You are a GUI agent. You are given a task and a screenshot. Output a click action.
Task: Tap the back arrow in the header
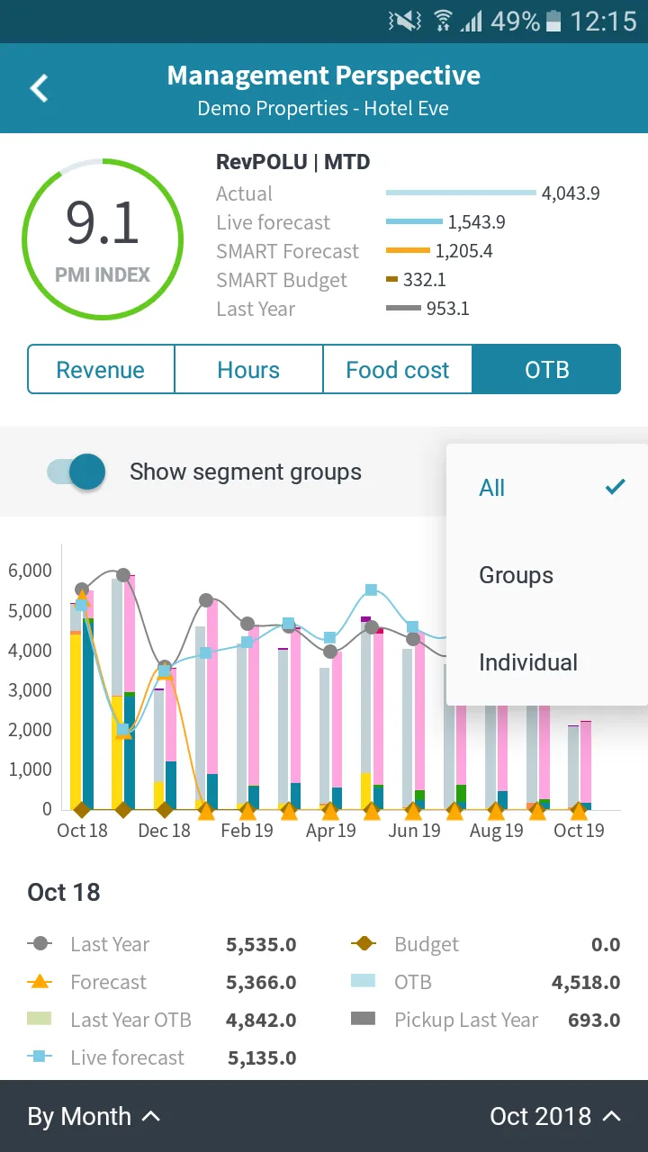coord(39,88)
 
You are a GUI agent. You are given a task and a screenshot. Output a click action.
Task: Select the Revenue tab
coord(101,369)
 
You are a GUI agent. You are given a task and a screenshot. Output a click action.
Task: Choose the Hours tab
coord(248,369)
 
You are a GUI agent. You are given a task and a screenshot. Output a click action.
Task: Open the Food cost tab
coord(398,369)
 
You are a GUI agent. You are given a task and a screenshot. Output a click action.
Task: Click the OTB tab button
coord(546,369)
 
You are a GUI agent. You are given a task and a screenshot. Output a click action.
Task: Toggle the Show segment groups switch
coord(76,472)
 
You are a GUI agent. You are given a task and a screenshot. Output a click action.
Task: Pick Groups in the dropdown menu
coord(516,575)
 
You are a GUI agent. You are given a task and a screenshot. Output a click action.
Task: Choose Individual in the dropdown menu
coord(528,662)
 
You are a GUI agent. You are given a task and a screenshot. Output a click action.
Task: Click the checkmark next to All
coord(615,487)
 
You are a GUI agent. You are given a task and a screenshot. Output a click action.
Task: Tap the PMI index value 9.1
coord(103,222)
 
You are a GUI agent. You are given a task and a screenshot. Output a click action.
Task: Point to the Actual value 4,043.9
coord(571,193)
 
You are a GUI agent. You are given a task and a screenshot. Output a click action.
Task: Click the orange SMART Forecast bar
coord(408,250)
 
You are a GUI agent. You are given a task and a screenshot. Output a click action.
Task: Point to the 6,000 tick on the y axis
coord(30,571)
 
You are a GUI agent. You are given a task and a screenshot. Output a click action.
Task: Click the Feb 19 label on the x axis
coord(247,830)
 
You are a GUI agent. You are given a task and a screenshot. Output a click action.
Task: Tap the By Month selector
coord(94,1117)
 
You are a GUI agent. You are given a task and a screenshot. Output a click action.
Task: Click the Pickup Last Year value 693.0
coord(594,1020)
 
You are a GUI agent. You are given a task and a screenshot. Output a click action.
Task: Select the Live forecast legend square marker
coord(39,1057)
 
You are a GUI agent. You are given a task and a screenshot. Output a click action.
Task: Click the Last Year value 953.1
coord(447,309)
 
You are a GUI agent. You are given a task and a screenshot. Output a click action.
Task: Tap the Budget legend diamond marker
coord(364,944)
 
